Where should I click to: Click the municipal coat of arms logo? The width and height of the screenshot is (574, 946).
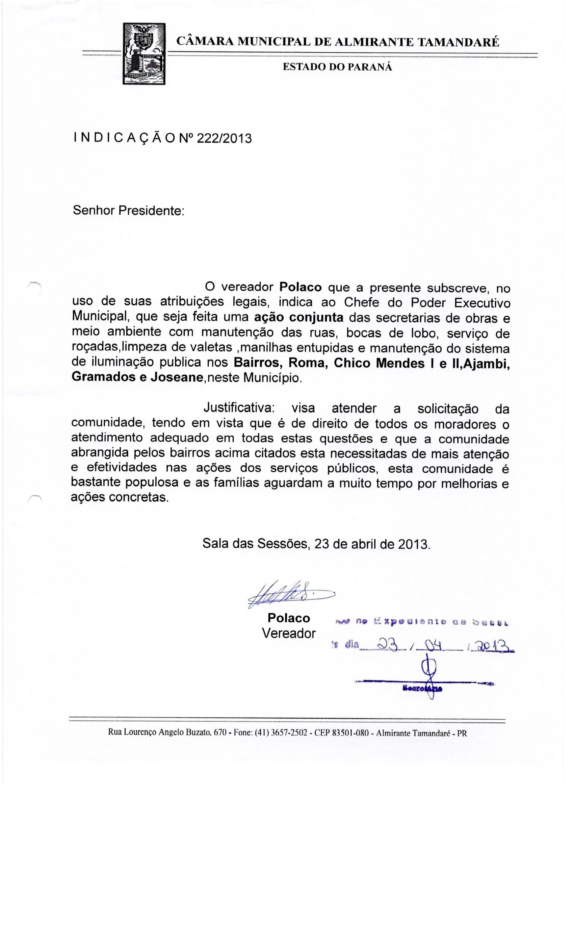click(144, 53)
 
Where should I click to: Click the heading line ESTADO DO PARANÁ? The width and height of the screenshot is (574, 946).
click(337, 67)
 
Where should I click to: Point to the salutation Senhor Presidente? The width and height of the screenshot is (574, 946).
click(129, 211)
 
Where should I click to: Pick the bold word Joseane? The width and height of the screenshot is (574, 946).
click(176, 377)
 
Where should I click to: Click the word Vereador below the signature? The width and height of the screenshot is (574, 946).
click(289, 633)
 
